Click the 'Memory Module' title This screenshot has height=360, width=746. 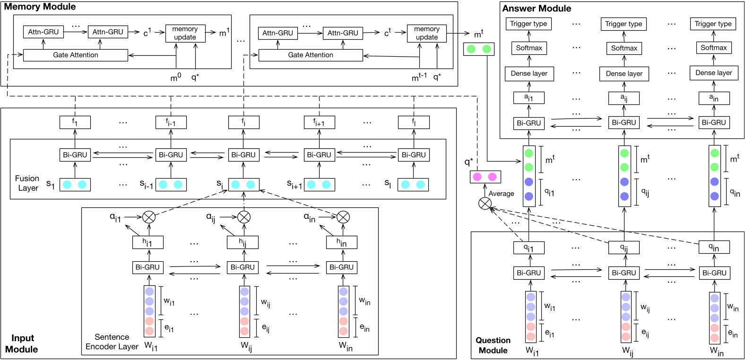pos(40,7)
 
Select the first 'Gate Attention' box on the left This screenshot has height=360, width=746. pos(76,55)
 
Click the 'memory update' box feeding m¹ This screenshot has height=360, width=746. pos(185,33)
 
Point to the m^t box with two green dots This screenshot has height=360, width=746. pos(478,49)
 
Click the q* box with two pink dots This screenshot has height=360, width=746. pos(485,177)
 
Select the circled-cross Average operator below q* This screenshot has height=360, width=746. pos(485,204)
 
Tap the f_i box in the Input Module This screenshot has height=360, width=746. pos(243,122)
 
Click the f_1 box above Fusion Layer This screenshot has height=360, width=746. pos(75,122)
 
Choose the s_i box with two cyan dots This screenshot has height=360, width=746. pos(243,185)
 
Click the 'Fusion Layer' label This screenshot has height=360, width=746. pos(27,183)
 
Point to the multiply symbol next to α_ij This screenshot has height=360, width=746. pos(243,217)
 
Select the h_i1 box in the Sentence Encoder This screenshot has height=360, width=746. pos(148,242)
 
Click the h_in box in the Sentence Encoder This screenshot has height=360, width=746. pos(341,242)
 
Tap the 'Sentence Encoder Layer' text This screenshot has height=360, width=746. pos(112,342)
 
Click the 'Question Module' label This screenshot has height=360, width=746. pos(493,345)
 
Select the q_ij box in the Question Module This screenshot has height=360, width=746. pos(624,248)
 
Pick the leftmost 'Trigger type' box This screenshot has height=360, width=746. pos(529,24)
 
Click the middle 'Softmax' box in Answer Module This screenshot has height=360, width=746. pos(624,48)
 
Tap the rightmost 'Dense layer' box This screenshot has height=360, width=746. pos(713,73)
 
